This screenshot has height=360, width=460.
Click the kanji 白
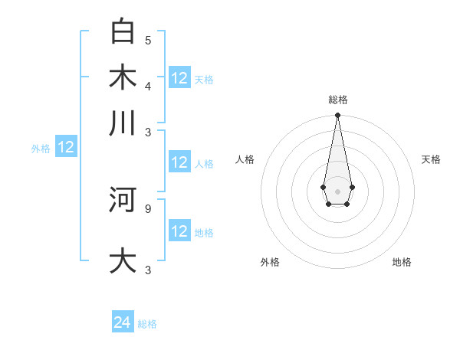[123, 32]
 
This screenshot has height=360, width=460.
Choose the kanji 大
[123, 261]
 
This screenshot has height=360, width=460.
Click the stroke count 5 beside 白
[147, 40]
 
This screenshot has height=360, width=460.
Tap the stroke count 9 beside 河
[147, 208]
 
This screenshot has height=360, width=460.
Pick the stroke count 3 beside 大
[147, 270]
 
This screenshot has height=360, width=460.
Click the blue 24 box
[123, 322]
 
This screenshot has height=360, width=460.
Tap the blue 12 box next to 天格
[179, 78]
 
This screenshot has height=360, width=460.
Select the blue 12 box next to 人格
[179, 162]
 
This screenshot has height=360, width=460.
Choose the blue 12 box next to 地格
[179, 231]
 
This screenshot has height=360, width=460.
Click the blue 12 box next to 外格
[66, 147]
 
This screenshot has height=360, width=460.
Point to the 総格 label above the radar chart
[338, 100]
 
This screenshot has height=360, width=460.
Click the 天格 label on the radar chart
[431, 159]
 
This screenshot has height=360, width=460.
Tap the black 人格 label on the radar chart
[245, 159]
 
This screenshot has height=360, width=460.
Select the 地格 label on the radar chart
[402, 262]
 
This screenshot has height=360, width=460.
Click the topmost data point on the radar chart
[337, 116]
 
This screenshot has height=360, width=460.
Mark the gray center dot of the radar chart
[337, 191]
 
